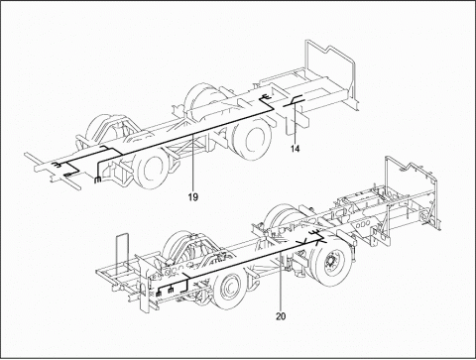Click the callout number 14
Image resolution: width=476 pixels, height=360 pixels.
point(296,149)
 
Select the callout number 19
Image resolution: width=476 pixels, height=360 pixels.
point(193,197)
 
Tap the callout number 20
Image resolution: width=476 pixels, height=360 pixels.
point(281,316)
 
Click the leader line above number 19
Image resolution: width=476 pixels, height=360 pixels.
point(193,164)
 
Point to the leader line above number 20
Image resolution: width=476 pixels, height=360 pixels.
point(281,282)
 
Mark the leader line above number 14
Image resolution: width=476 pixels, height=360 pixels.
point(295,123)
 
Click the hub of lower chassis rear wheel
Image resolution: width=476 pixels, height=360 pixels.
point(330,264)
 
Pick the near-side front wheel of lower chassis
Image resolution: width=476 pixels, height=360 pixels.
point(228,290)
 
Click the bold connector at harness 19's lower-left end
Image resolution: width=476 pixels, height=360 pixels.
point(97,180)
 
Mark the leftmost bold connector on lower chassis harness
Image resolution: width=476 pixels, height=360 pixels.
point(159,293)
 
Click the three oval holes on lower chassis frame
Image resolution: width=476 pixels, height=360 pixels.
point(362,224)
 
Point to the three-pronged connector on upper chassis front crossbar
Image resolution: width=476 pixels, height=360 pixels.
point(57,166)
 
